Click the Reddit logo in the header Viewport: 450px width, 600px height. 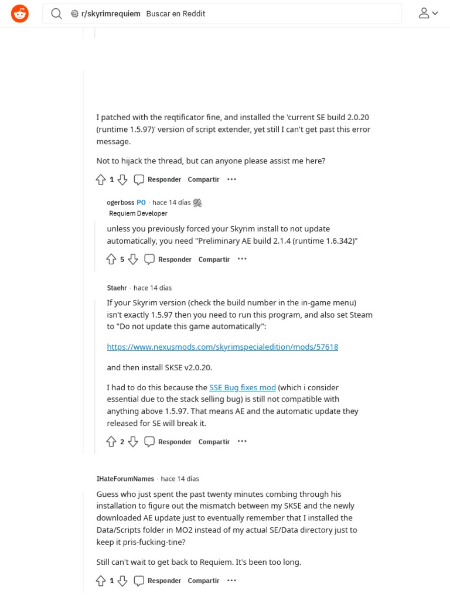point(20,13)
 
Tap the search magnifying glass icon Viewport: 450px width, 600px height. point(56,13)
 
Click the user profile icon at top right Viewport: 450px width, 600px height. point(424,13)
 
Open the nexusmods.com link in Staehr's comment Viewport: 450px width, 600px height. point(222,347)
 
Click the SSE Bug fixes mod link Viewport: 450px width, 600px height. point(242,387)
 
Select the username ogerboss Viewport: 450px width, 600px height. point(121,202)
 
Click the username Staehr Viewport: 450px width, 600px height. point(117,288)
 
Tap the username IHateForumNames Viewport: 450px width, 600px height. point(125,479)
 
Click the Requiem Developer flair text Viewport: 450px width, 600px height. point(138,213)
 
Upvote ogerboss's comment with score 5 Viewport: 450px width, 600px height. point(111,259)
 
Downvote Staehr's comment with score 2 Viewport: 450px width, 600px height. point(133,441)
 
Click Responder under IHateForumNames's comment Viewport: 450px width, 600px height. point(158,581)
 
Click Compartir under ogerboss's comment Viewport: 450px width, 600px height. point(214,259)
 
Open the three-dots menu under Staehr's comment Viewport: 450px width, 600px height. point(242,441)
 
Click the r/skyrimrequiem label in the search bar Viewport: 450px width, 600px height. point(111,13)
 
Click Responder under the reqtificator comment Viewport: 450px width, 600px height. point(158,179)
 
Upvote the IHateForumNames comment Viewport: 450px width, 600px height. point(101,581)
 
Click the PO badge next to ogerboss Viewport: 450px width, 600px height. point(141,202)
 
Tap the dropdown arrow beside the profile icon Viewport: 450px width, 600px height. point(435,13)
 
